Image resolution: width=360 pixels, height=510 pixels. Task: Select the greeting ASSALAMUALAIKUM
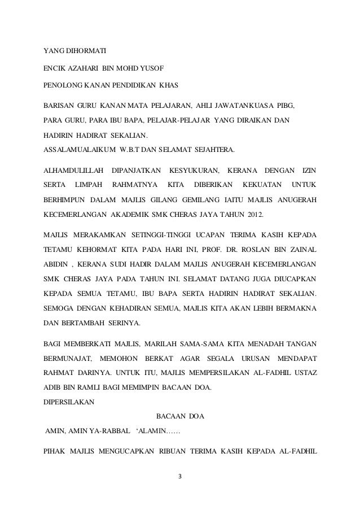pyautogui.click(x=78, y=150)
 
